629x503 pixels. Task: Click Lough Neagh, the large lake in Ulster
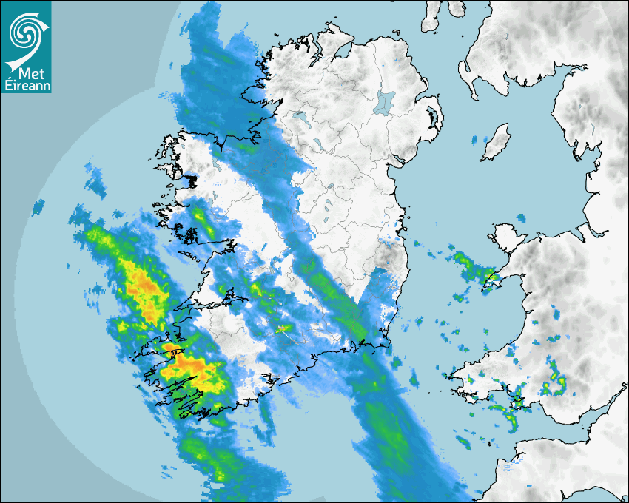point(385,101)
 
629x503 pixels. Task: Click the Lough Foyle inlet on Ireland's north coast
point(342,52)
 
